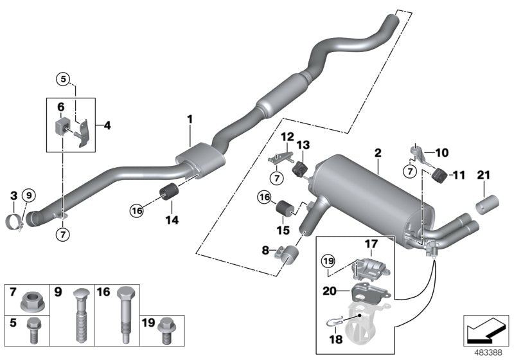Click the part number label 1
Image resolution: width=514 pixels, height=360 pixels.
pyautogui.click(x=190, y=119)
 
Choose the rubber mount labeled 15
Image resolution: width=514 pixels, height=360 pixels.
pyautogui.click(x=284, y=210)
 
